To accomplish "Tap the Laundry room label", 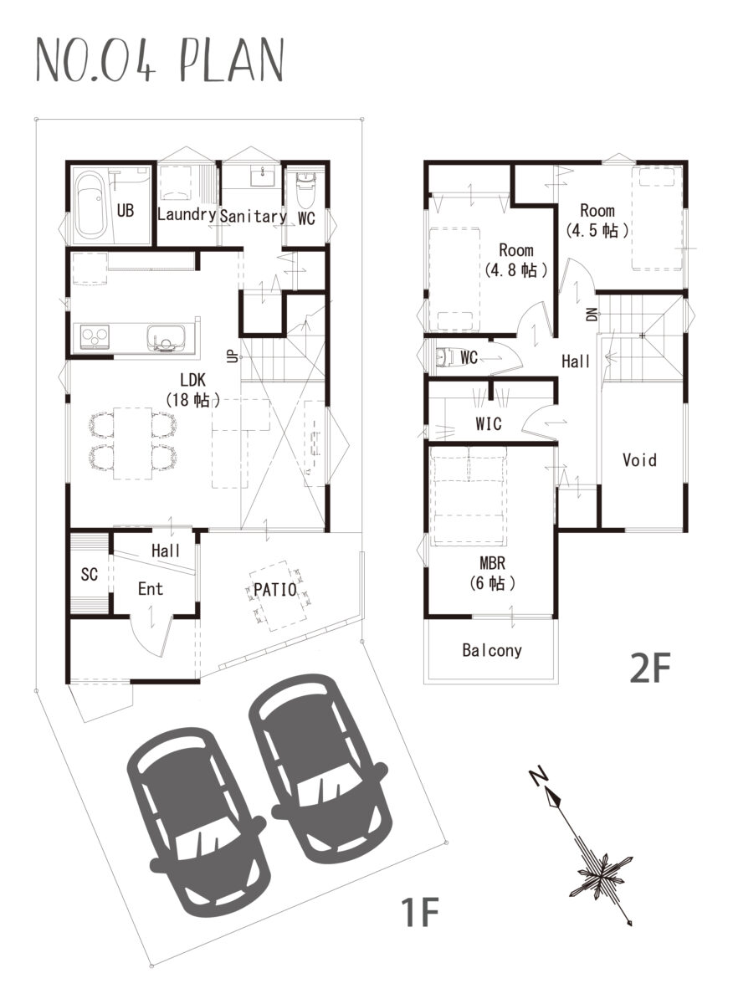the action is tap(187, 215).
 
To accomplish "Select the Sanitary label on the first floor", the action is tap(253, 217).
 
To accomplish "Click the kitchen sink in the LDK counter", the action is tap(166, 338).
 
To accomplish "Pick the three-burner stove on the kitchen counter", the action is tap(95, 336).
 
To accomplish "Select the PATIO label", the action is tap(274, 589).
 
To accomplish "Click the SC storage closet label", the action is tap(90, 574).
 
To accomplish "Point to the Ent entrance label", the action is tap(150, 588).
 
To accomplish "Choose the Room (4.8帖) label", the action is tap(516, 260).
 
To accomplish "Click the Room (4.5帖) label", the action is tap(597, 220).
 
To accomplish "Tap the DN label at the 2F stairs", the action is tap(592, 314).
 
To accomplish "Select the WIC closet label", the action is tap(488, 423).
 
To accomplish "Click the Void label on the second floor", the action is tap(639, 460).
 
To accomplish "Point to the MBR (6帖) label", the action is tap(492, 573).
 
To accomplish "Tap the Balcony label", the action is tap(492, 650).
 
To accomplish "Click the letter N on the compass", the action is tap(537, 776).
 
